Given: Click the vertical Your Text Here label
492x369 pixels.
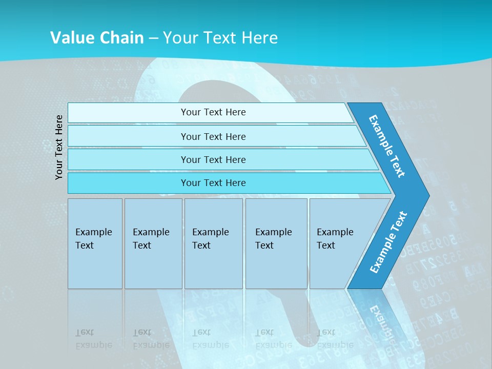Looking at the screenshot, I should point(59,147).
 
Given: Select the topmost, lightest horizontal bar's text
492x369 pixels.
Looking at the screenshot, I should point(213,112).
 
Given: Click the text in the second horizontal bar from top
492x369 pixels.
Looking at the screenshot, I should point(213,137).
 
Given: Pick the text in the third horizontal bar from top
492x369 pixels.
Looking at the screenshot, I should point(213,160).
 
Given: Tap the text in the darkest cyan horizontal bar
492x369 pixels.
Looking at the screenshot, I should point(213,183).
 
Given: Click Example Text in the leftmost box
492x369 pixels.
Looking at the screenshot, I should point(93,239).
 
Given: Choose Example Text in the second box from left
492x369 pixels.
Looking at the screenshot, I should point(151,239).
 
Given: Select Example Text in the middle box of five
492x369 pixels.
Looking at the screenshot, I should point(210,239).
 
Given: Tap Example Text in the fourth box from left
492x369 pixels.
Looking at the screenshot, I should point(273,239).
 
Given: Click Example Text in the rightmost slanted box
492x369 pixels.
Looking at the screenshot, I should point(335,239).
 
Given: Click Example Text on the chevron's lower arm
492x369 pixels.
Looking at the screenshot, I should point(388,242).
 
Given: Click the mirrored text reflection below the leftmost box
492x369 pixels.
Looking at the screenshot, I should point(93,339).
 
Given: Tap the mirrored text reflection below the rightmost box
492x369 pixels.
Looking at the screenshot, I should point(335,339).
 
